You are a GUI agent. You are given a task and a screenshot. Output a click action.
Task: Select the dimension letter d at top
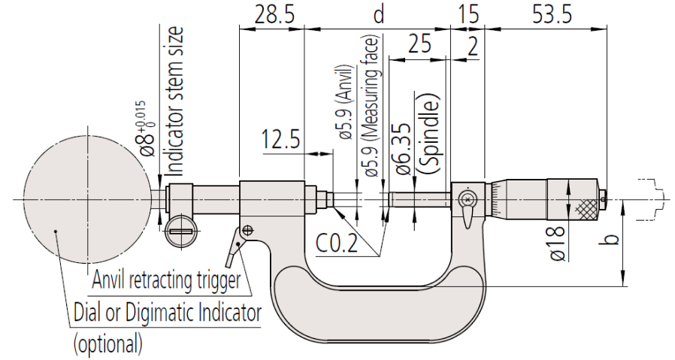[379, 14]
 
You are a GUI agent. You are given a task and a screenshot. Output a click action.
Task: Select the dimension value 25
[419, 45]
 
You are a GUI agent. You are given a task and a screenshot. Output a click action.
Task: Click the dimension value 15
[468, 14]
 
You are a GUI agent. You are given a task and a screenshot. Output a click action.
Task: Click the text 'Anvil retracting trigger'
[166, 282]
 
